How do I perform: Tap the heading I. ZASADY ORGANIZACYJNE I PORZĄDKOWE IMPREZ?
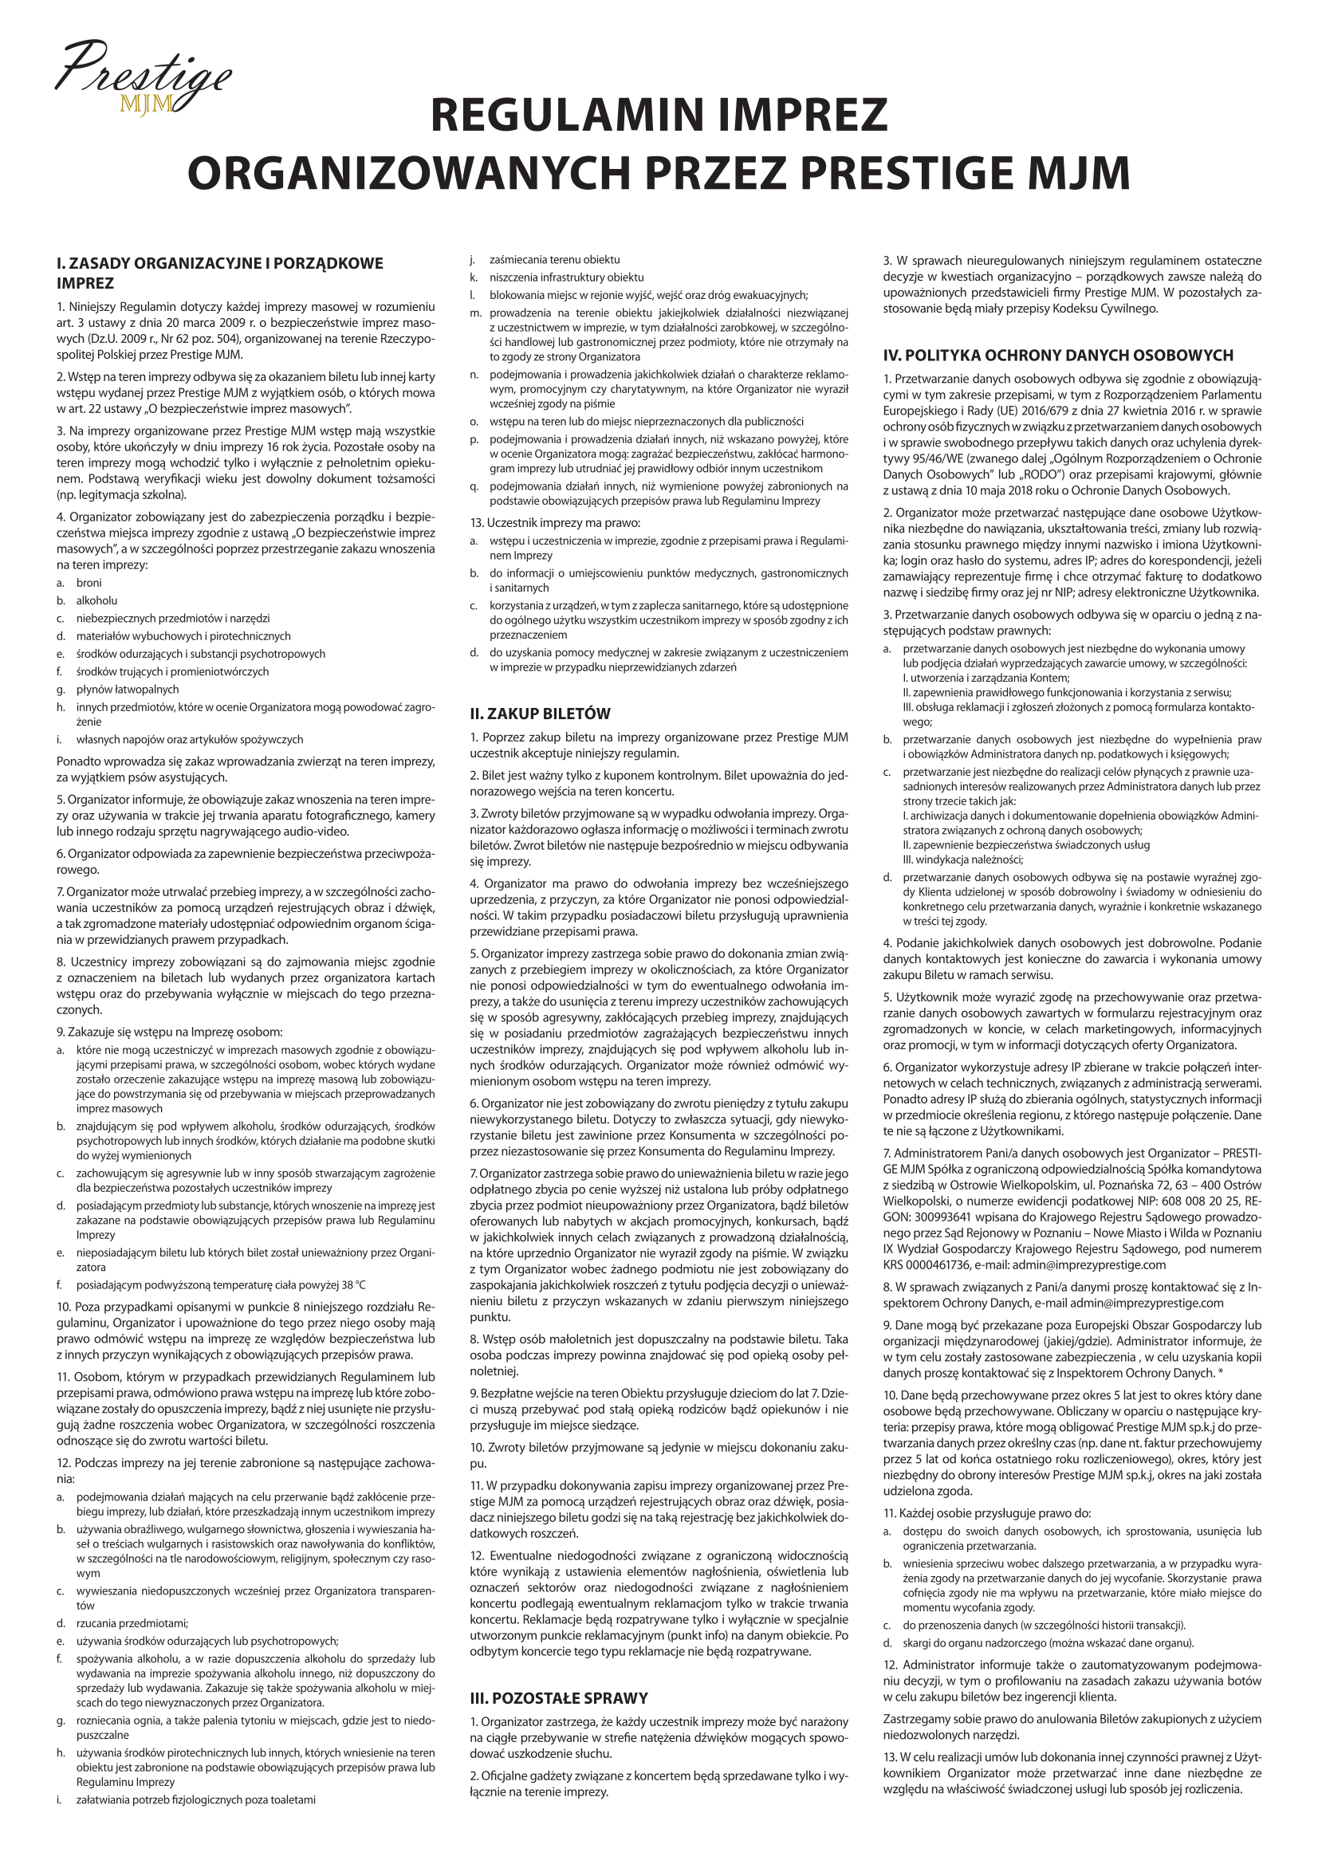pyautogui.click(x=219, y=273)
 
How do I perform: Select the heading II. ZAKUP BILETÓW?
pyautogui.click(x=539, y=714)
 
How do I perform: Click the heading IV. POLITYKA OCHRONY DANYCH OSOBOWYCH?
pyautogui.click(x=1058, y=355)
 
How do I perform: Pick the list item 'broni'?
pyautogui.click(x=89, y=583)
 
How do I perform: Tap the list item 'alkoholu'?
pyautogui.click(x=96, y=601)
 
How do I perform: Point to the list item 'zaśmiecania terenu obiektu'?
pyautogui.click(x=555, y=260)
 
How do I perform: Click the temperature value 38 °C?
pyautogui.click(x=350, y=1285)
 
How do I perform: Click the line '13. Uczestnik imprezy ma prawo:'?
pyautogui.click(x=555, y=522)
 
